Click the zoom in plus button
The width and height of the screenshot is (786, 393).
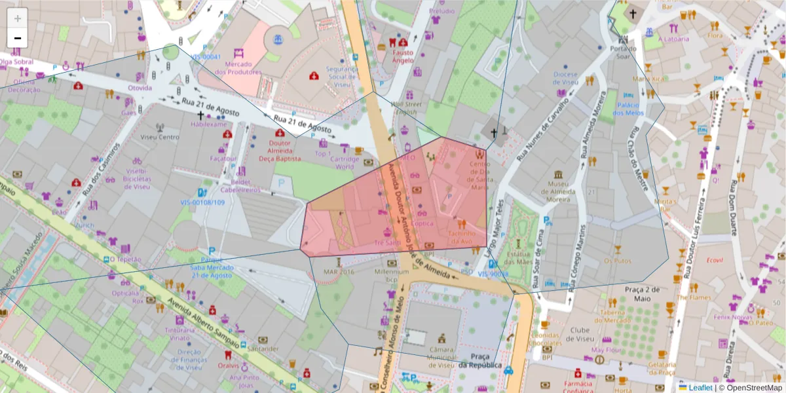[x=18, y=18]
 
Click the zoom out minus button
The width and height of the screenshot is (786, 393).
[x=18, y=37]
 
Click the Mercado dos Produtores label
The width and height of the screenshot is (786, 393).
[x=243, y=68]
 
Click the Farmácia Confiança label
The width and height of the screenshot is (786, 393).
[x=578, y=386]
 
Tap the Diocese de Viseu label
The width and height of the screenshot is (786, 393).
[x=565, y=79]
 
